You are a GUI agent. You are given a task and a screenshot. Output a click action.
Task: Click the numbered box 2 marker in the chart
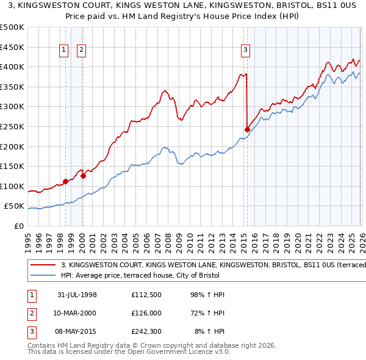click(x=81, y=51)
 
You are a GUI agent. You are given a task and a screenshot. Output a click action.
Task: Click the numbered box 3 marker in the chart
click(x=245, y=51)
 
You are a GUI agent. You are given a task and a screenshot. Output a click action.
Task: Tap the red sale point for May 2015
click(x=247, y=129)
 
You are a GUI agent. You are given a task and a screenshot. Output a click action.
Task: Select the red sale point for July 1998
click(x=65, y=181)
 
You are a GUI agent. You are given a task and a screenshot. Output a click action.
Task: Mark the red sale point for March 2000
click(x=83, y=176)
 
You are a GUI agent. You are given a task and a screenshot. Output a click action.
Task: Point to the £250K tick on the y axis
click(x=12, y=126)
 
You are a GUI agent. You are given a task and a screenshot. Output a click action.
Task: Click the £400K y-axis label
click(x=12, y=67)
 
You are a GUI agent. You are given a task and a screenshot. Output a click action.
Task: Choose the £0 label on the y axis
click(x=18, y=226)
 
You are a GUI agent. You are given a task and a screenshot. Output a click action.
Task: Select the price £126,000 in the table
click(x=146, y=313)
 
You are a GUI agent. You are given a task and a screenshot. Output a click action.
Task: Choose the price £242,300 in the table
click(x=146, y=333)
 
